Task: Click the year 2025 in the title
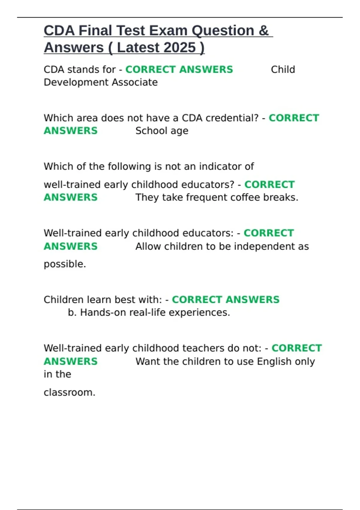click(x=180, y=48)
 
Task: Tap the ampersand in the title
click(x=263, y=31)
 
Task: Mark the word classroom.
click(x=69, y=392)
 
